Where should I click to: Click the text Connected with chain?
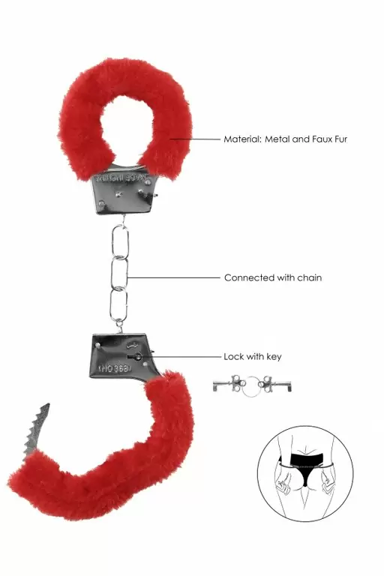tap(272, 277)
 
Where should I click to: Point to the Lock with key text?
tap(252, 356)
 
